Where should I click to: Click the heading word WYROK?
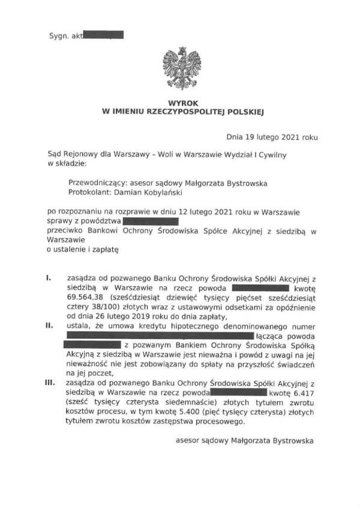(182, 103)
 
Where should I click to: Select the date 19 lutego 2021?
(274, 137)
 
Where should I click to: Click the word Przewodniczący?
(94, 183)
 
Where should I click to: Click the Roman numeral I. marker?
(48, 279)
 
